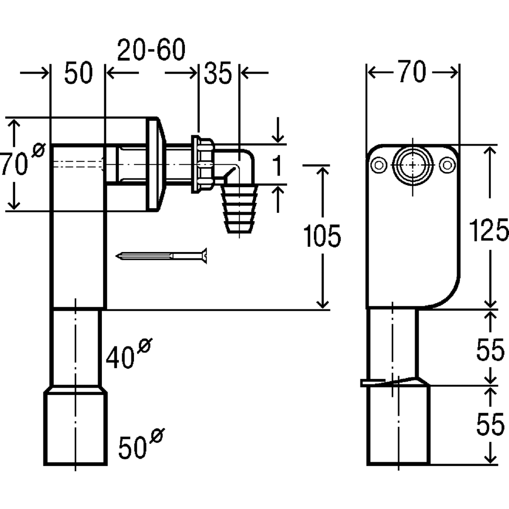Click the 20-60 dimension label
point(151,50)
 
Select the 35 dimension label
point(218,73)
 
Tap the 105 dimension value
point(322,236)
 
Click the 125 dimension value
point(489,230)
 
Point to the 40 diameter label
point(129,353)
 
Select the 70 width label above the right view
point(413,71)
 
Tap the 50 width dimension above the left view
point(78,73)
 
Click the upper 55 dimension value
point(490,349)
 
